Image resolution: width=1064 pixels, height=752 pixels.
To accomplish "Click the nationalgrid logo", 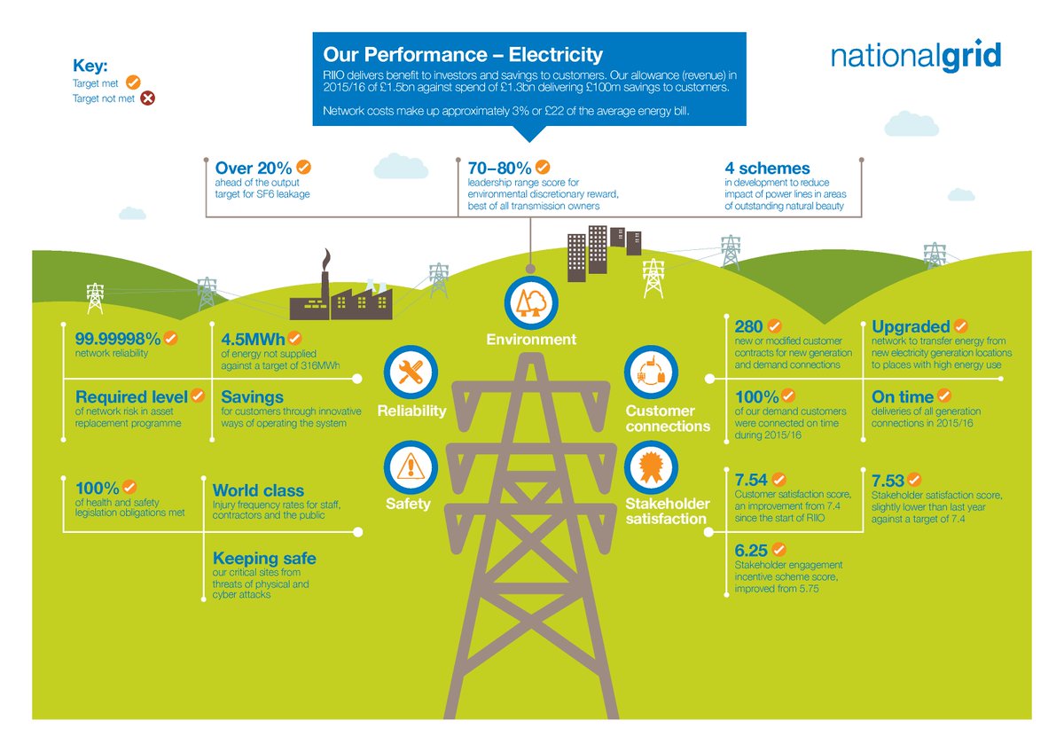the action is click(x=916, y=57).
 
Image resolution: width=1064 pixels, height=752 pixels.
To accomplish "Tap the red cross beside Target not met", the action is click(x=148, y=98).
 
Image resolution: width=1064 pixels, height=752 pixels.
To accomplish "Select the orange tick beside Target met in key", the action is click(x=135, y=82).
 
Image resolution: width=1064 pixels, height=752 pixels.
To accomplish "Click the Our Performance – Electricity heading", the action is click(x=463, y=55).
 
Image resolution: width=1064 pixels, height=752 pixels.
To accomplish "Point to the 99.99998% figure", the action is click(x=117, y=338).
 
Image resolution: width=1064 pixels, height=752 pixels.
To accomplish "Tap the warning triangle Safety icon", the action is click(x=410, y=466).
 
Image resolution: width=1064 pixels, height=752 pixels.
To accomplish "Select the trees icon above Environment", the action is click(x=530, y=302).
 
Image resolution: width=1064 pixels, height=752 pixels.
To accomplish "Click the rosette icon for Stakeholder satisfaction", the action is click(x=650, y=466).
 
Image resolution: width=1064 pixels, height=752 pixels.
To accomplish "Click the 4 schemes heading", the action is click(x=767, y=168).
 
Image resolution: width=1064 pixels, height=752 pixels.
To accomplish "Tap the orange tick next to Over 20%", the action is click(x=304, y=167).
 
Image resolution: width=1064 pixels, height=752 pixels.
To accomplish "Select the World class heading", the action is click(x=258, y=490).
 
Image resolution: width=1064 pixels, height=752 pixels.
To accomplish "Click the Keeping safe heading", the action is click(x=264, y=559).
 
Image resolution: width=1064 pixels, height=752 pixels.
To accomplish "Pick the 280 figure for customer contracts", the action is click(x=748, y=326).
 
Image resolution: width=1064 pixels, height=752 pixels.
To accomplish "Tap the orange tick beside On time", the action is click(x=944, y=396).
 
